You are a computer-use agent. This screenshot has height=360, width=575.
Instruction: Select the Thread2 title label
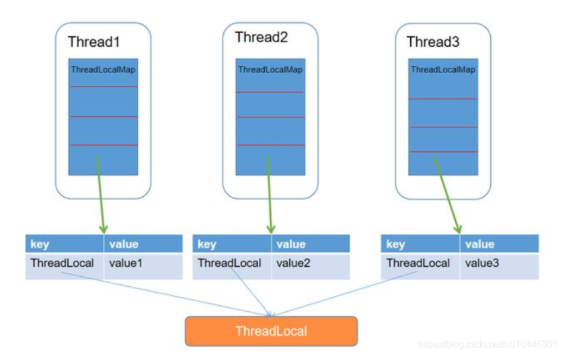261,38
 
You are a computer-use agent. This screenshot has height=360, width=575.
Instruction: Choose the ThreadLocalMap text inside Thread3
440,69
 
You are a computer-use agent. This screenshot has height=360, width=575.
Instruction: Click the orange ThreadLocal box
271,331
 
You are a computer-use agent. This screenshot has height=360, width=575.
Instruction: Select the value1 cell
143,263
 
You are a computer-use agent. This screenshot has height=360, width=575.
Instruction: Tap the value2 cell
310,263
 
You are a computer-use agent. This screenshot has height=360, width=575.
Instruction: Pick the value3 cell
498,263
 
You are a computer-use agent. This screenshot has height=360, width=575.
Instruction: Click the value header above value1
143,244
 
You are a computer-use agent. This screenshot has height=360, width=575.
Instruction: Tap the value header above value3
498,244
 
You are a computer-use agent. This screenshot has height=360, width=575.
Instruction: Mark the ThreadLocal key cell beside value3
419,263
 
